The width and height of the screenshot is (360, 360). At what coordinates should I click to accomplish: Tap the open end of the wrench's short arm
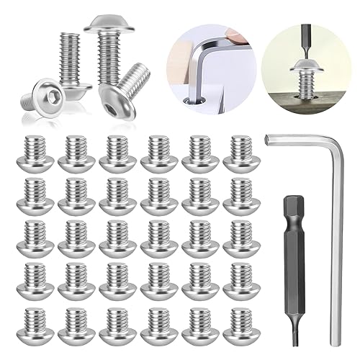point(268,139)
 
